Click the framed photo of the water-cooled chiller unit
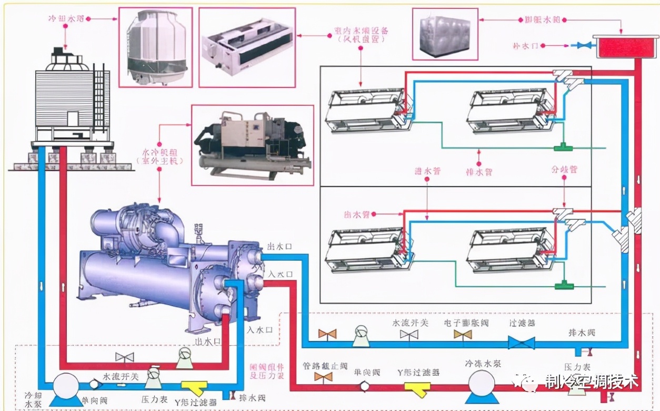pyautogui.click(x=252, y=144)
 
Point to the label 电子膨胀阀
pyautogui.click(x=466, y=322)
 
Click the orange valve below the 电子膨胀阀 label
pyautogui.click(x=463, y=335)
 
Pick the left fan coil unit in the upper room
pyautogui.click(x=366, y=110)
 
